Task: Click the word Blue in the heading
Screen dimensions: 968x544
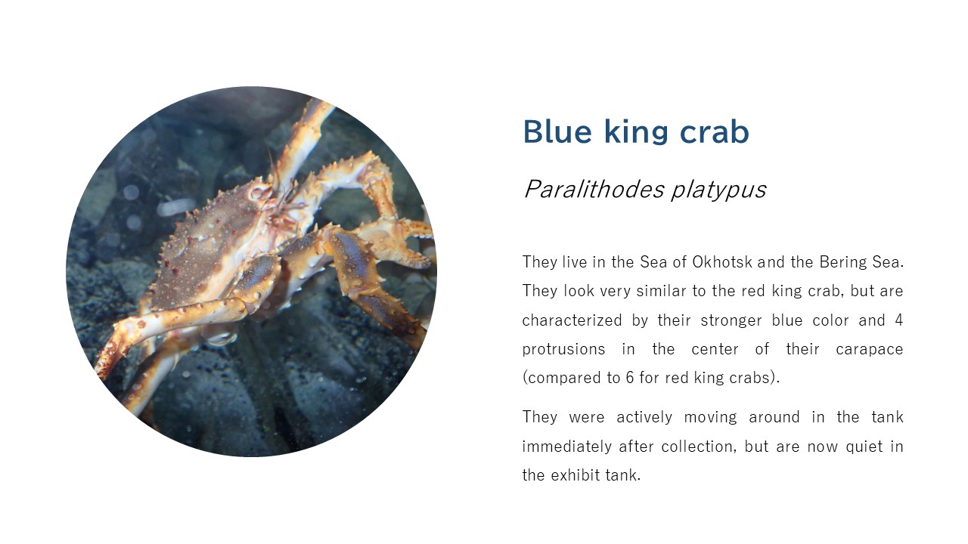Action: (557, 131)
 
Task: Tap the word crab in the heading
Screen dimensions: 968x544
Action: (715, 131)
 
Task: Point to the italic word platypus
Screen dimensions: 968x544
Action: (718, 190)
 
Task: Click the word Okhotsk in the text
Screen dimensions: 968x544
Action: (722, 262)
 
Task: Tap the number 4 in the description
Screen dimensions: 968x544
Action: (899, 320)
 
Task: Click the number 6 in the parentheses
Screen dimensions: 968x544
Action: (630, 378)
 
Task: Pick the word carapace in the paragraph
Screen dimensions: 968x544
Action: (870, 350)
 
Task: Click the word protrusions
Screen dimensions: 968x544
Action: (563, 350)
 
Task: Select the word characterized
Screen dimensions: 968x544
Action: (572, 320)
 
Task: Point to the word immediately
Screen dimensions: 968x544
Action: (566, 447)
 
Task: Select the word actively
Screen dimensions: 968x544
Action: (644, 418)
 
